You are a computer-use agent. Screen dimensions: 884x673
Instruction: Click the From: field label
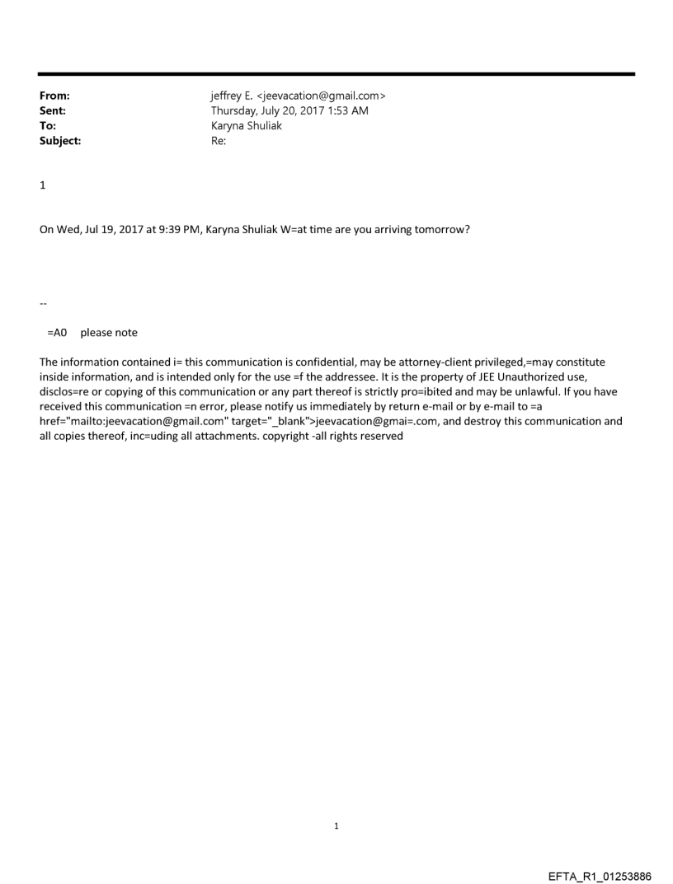[54, 96]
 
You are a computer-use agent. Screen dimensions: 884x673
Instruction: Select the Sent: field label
[53, 111]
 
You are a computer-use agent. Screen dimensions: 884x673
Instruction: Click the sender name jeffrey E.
[233, 96]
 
